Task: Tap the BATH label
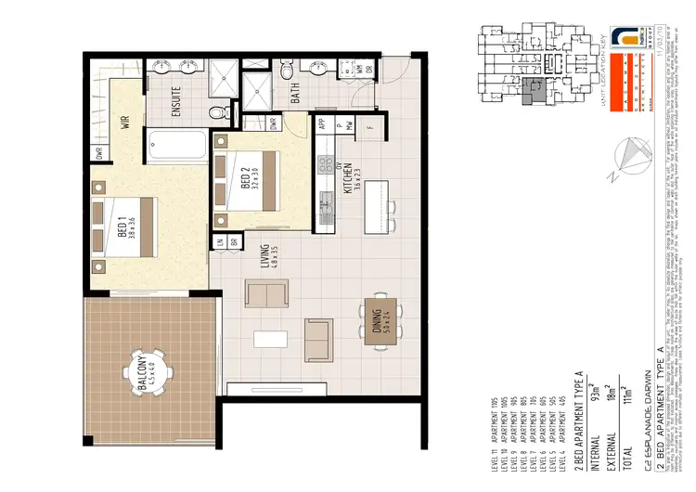(x=295, y=94)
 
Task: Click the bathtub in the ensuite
(x=176, y=147)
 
